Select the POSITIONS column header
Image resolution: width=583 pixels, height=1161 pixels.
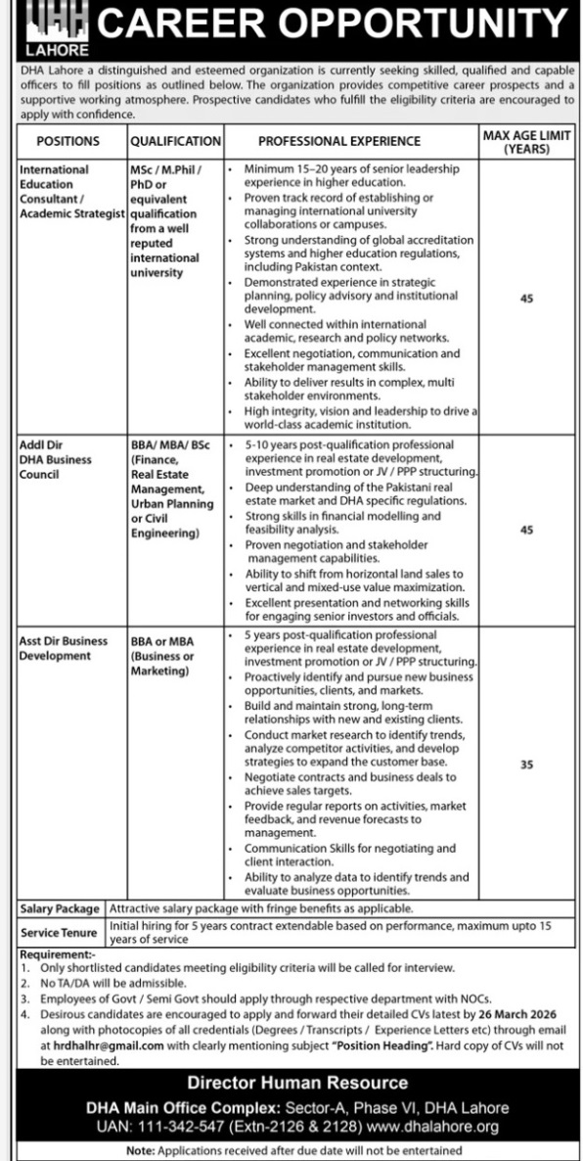pyautogui.click(x=67, y=141)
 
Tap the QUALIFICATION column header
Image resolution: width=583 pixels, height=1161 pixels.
pyautogui.click(x=175, y=141)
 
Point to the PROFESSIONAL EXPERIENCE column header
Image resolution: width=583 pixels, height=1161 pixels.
pyautogui.click(x=339, y=141)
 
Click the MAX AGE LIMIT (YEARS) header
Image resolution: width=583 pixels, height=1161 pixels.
pyautogui.click(x=526, y=142)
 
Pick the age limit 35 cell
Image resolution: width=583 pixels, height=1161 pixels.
pyautogui.click(x=526, y=765)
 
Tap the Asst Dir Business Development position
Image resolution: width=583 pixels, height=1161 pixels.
pyautogui.click(x=64, y=648)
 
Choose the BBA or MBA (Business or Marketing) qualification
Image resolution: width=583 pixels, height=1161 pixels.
pyautogui.click(x=162, y=656)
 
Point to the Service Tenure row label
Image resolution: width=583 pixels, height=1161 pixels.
pyautogui.click(x=60, y=932)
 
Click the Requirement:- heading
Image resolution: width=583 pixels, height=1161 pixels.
pyautogui.click(x=58, y=953)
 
